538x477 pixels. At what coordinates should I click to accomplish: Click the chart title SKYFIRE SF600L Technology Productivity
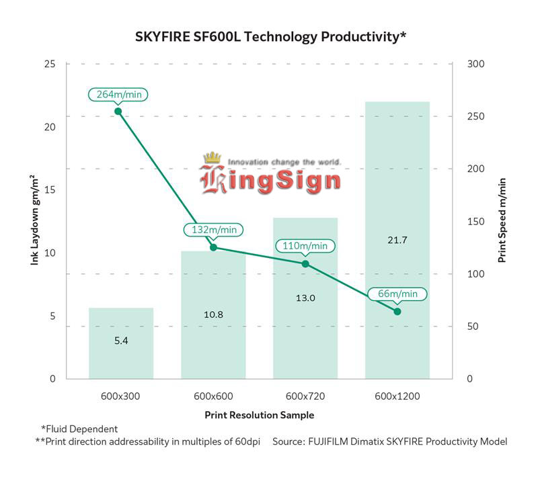269,36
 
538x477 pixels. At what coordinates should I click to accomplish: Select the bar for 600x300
121,343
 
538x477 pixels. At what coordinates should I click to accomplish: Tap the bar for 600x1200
397,202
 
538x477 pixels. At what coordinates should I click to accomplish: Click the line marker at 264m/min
118,111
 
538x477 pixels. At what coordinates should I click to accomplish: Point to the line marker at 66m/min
397,311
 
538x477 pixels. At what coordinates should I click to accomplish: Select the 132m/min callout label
213,230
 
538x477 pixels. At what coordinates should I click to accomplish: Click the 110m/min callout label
305,246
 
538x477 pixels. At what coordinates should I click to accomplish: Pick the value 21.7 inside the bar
397,240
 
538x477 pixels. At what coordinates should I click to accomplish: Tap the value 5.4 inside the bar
121,341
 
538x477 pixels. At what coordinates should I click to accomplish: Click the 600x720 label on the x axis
305,396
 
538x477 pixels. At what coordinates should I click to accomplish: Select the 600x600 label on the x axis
213,396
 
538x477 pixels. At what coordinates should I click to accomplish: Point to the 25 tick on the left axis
50,64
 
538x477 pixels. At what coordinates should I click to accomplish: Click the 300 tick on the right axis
473,64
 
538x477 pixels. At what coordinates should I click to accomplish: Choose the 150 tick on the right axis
473,222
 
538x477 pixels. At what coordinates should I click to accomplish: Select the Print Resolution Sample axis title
259,415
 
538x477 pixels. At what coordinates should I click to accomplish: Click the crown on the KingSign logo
213,159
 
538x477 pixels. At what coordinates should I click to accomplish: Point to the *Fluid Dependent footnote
79,429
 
